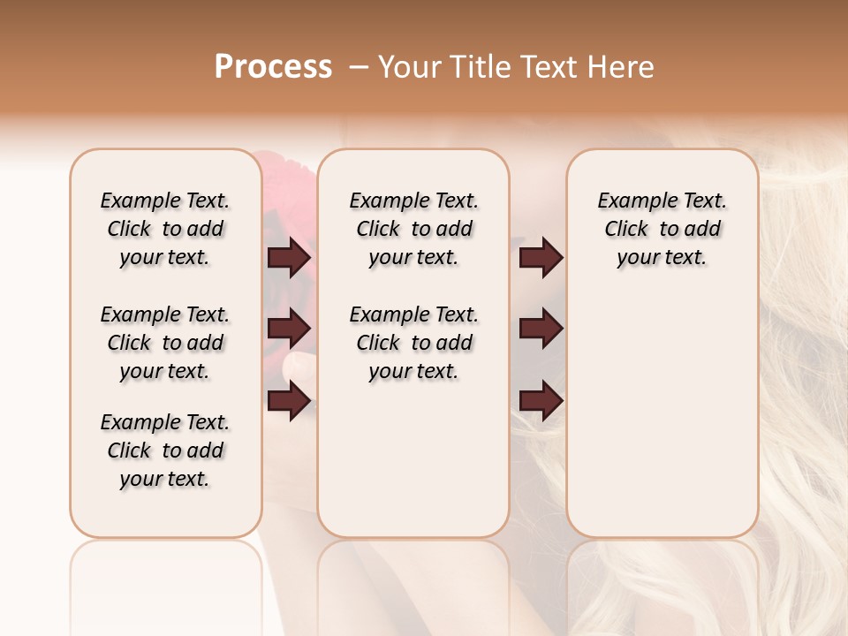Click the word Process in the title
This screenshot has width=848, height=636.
click(x=273, y=67)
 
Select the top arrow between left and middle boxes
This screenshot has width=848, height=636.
click(x=289, y=258)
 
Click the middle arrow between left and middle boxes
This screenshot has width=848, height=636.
click(x=289, y=329)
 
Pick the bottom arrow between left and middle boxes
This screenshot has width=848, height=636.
click(x=289, y=401)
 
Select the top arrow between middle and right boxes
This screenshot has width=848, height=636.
click(x=541, y=258)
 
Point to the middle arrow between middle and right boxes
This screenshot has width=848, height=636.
click(x=541, y=329)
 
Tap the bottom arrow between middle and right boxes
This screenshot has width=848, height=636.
click(x=541, y=401)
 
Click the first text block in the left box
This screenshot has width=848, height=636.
click(x=165, y=229)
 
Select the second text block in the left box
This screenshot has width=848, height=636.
click(x=165, y=343)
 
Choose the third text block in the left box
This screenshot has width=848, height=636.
click(x=165, y=450)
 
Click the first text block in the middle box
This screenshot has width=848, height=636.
click(x=413, y=229)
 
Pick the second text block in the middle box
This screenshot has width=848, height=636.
click(x=413, y=343)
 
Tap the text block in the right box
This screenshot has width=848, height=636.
click(x=662, y=229)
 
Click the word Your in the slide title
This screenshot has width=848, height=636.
click(x=403, y=67)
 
